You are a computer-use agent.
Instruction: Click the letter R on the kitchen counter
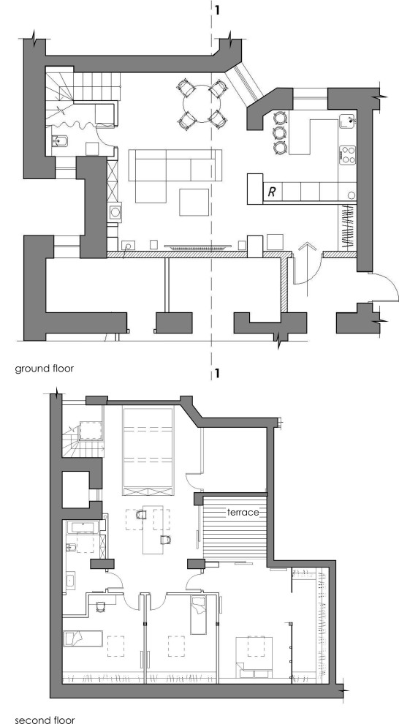tap(272, 192)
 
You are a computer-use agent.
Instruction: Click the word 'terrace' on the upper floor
tap(244, 513)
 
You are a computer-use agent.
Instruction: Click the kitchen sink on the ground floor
tap(349, 122)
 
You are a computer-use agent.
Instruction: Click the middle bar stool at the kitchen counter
tap(279, 132)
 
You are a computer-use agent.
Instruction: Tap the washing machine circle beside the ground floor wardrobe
tap(115, 212)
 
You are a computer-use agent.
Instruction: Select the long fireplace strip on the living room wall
tap(198, 249)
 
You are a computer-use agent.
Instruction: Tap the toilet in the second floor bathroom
tap(72, 548)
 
